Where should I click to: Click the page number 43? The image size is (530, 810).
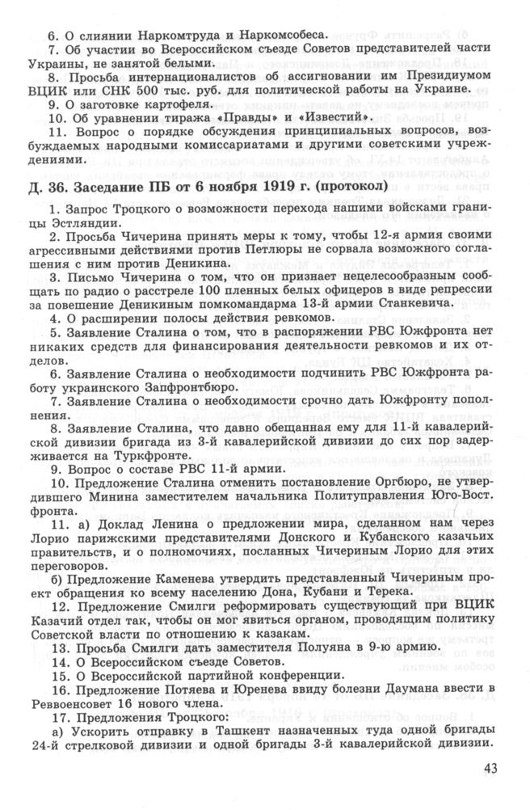pyautogui.click(x=492, y=768)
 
